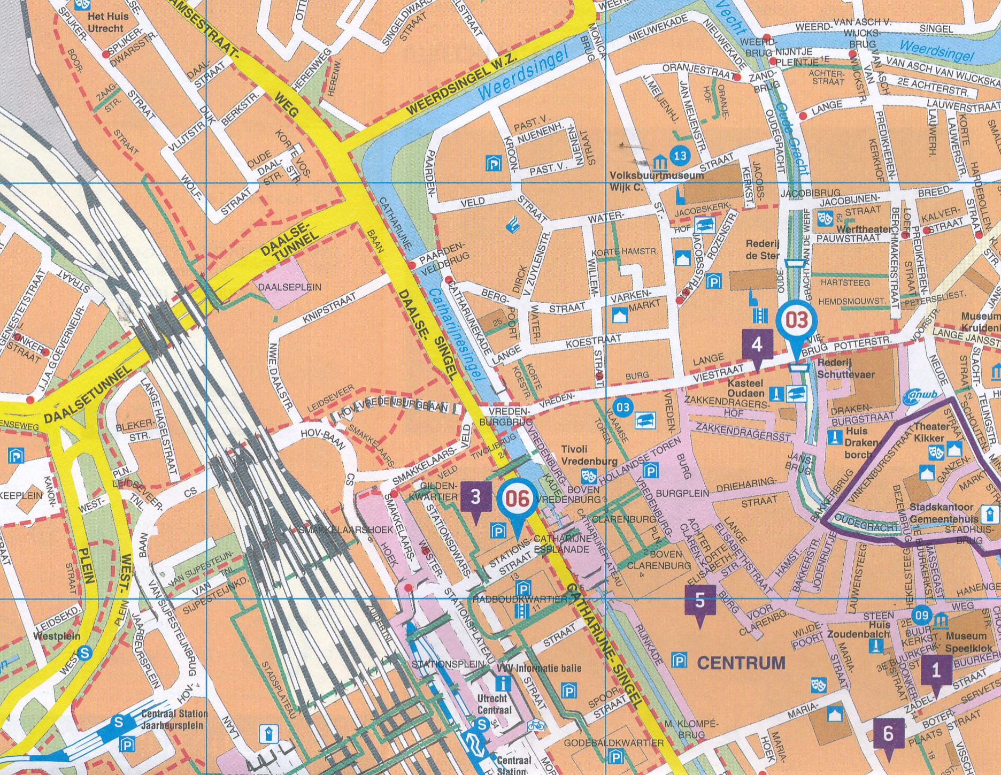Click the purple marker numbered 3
[475, 498]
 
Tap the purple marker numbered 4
[757, 345]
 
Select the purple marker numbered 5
[700, 601]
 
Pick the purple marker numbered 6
[888, 734]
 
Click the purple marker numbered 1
[936, 671]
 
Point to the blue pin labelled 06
[517, 499]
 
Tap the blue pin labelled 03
[796, 321]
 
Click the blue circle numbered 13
[680, 156]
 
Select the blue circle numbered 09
[921, 616]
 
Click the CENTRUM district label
[741, 663]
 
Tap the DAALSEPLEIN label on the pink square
[290, 287]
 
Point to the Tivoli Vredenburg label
[589, 455]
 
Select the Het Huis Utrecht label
[105, 22]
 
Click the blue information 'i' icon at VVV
[502, 683]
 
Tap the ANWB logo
[920, 396]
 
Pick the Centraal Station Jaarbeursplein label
[174, 719]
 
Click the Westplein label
[57, 636]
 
